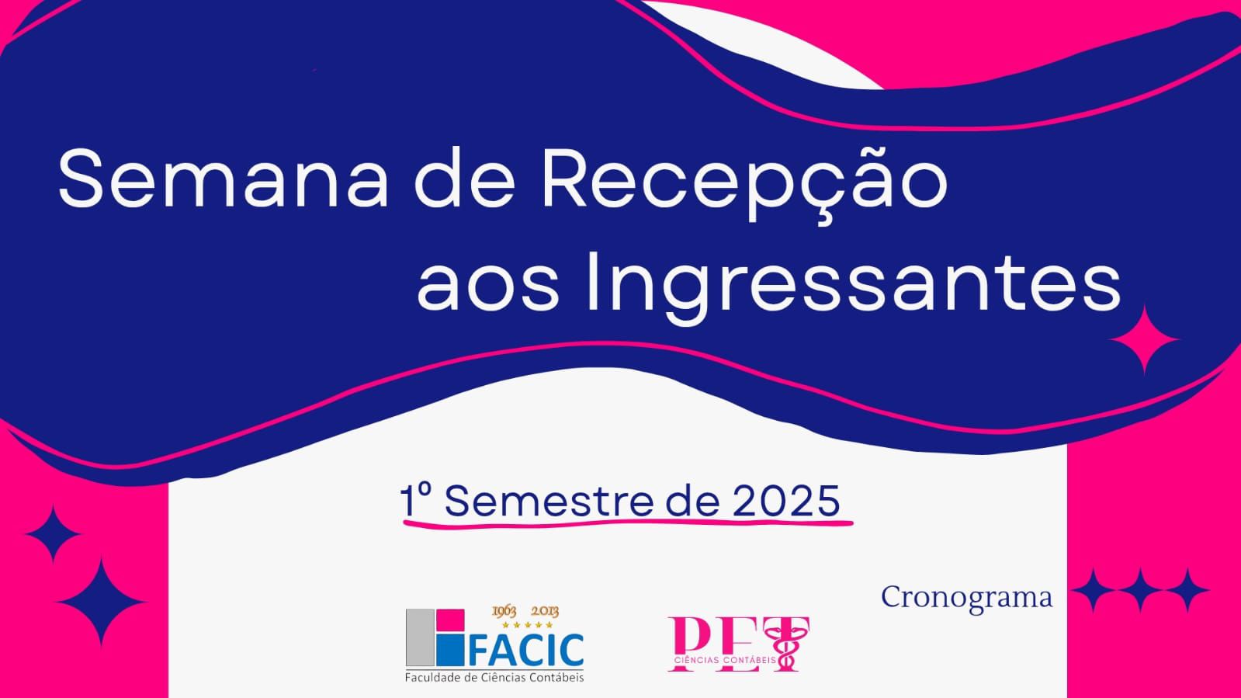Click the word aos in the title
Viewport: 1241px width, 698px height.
point(488,288)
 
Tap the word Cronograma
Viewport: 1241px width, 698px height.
point(967,598)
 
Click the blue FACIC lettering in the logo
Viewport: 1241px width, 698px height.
point(525,649)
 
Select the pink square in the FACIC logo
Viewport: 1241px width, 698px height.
point(450,620)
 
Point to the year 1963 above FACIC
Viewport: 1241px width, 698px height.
point(504,612)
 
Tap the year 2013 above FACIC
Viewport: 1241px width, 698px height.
point(545,612)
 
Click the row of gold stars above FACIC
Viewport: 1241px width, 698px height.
point(527,625)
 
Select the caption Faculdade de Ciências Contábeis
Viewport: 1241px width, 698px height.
point(494,678)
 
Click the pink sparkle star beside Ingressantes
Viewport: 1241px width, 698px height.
point(1144,340)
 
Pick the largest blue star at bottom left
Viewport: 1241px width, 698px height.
point(101,602)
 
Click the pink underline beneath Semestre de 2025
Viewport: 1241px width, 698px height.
point(628,523)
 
